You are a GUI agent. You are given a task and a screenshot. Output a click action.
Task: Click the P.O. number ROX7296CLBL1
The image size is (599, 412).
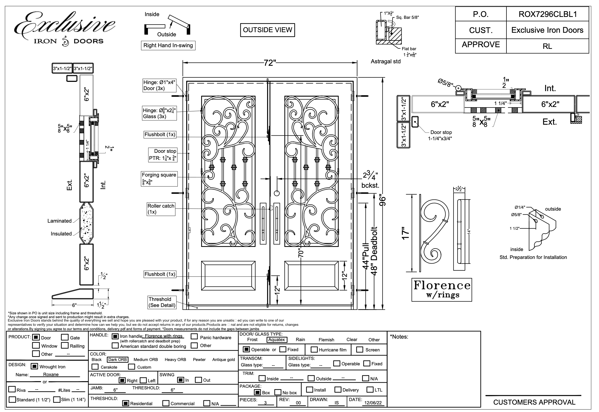tap(548, 14)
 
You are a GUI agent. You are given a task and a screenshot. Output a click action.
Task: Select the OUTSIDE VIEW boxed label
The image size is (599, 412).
tap(267, 30)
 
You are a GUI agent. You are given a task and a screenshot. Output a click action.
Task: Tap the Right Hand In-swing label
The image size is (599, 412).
tap(168, 46)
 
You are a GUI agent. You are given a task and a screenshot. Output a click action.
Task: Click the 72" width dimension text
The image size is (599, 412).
tap(270, 63)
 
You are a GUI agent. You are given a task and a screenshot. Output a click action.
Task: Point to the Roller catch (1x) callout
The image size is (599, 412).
tap(161, 209)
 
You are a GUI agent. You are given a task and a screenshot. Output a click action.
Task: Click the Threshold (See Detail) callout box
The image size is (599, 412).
tap(162, 302)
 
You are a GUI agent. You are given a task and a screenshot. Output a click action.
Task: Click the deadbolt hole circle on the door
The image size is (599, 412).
tap(277, 193)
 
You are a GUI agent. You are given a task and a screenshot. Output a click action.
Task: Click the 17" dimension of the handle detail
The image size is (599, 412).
tap(406, 233)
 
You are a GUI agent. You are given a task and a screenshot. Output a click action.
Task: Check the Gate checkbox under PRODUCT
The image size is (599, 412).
tap(65, 337)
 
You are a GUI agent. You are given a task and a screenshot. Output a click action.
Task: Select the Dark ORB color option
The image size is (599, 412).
tap(117, 360)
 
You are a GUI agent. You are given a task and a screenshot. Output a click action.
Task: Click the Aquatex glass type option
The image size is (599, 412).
tap(277, 340)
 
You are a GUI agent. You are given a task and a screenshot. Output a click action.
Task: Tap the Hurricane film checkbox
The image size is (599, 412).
tap(314, 350)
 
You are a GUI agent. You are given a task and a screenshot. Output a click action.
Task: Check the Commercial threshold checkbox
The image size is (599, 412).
tap(165, 403)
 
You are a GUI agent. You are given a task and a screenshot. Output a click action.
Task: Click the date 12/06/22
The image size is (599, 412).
tap(373, 403)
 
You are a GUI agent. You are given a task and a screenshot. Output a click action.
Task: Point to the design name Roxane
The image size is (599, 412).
tap(51, 374)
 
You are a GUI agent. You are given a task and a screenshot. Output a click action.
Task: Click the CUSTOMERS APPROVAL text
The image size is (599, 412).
tap(534, 402)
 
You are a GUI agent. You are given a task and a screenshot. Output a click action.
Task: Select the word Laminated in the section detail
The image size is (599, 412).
tap(60, 221)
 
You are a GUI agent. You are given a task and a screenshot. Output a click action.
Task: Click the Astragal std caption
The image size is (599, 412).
tap(386, 62)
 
